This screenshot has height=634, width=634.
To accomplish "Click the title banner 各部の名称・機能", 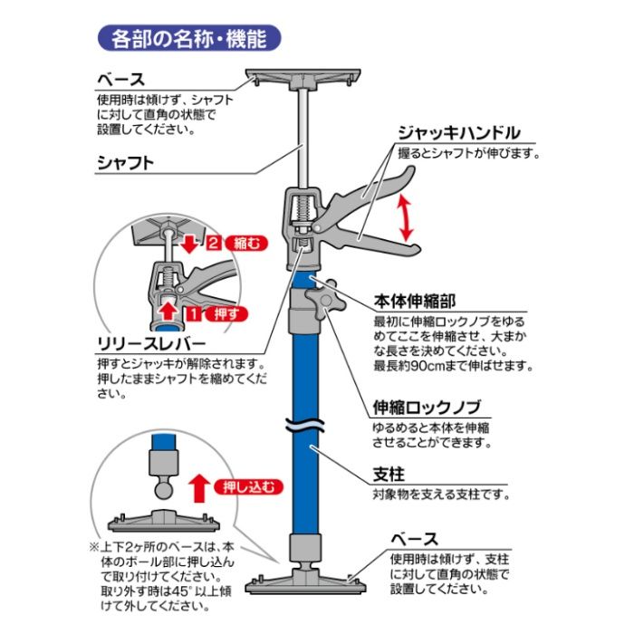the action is pos(189,39).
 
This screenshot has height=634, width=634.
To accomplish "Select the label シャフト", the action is pos(125,163).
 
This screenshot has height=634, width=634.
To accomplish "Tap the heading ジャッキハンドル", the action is pos(459,133).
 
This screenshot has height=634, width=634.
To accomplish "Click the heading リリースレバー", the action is pos(151,344).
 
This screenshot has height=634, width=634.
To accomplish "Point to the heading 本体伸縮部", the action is pos(415,302).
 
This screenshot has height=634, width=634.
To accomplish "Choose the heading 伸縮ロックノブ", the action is pos(427,408).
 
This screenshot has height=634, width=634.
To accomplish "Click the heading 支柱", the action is pos(389,475).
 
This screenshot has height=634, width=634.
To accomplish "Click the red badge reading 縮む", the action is pos(246,243).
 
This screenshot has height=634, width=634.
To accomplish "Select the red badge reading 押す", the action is pos(226,313).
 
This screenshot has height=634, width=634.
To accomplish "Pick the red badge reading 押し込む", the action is pos(248,486).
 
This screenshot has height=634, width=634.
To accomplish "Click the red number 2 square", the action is pos(214,243).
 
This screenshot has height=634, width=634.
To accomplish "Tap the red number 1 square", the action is pos(194,313).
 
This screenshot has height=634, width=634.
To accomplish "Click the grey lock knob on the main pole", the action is pos(325,301).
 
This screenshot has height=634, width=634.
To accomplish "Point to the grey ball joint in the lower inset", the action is pos(164,488).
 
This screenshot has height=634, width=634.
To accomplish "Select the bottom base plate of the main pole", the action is pos(305,581).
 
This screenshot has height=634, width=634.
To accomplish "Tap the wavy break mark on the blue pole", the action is pos(305,425).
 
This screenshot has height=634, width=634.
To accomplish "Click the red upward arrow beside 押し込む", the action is pos(200,488).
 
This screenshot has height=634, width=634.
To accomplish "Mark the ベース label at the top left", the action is pos(120,80).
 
